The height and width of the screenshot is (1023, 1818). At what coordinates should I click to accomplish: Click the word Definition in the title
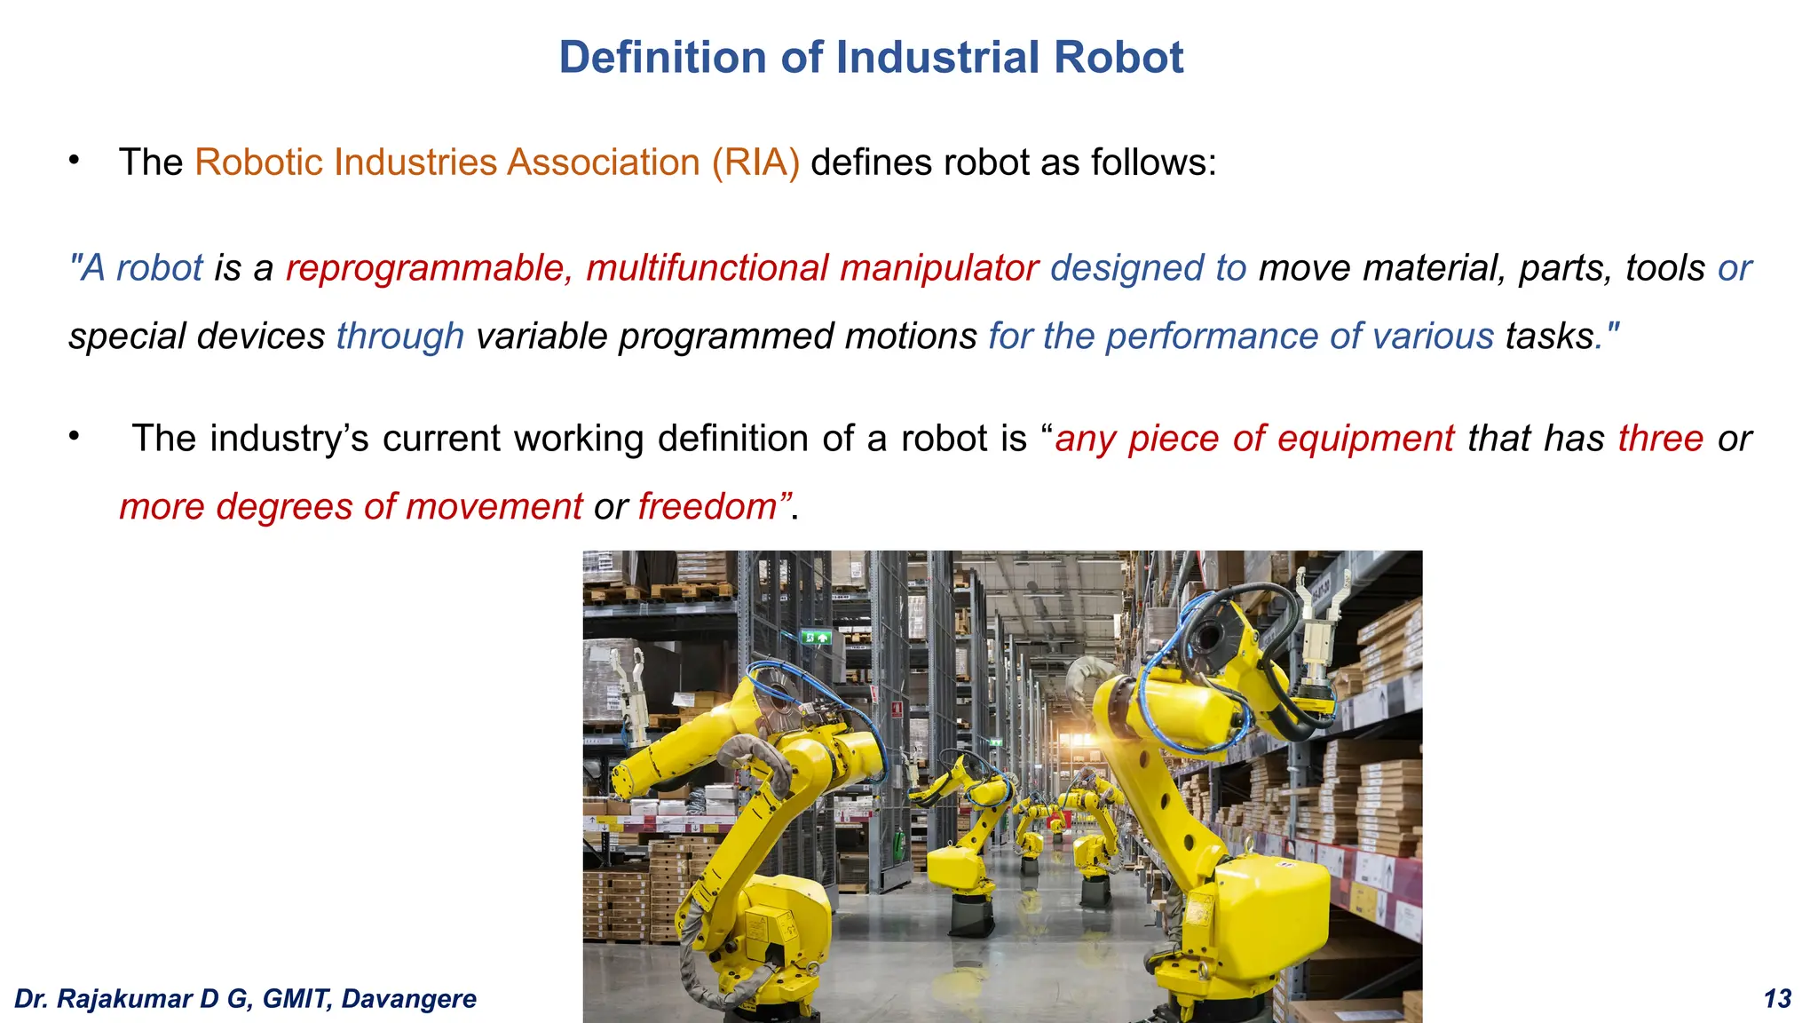pos(662,58)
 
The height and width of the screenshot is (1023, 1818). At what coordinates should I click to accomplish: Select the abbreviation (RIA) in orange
pos(755,163)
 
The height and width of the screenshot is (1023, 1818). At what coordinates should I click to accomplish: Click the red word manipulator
pos(939,268)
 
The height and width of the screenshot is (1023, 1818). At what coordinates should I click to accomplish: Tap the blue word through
pos(399,337)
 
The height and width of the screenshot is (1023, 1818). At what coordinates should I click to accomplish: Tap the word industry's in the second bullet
pos(289,439)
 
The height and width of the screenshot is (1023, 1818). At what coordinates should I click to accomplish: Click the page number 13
pos(1777,999)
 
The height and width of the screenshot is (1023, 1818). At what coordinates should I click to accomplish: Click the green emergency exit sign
pos(817,637)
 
